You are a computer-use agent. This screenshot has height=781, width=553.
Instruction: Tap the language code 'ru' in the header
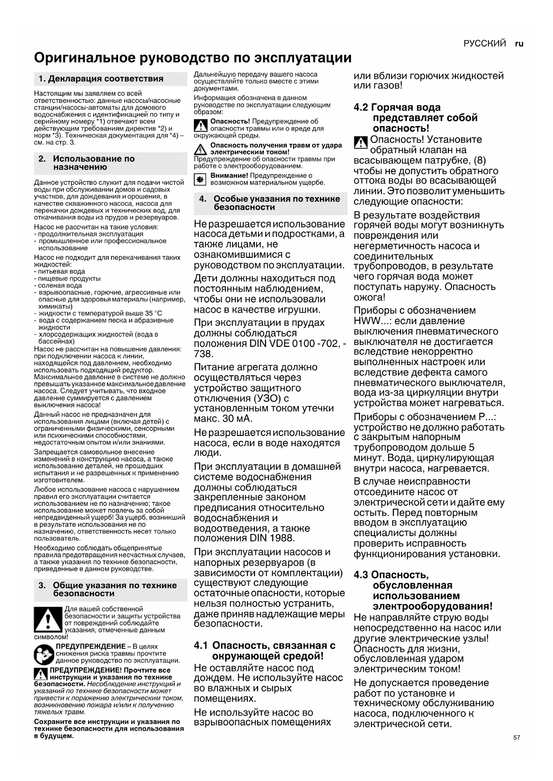pos(519,44)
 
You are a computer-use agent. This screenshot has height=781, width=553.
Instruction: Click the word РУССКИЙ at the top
pos(484,44)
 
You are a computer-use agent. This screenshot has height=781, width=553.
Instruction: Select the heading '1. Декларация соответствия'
pos(101,79)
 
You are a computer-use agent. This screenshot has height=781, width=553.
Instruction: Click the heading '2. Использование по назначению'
pos(94,163)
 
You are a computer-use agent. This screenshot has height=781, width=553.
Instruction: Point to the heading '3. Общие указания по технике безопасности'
pos(115,589)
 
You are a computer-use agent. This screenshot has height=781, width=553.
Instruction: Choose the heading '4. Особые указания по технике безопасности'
pos(276,203)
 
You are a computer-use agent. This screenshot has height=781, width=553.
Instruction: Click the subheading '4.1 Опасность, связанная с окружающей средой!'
pos(265,651)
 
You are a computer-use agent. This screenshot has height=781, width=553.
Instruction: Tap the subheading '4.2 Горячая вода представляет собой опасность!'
pos(415,118)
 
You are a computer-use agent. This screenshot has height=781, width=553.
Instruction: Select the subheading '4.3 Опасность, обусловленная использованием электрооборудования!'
pos(423,590)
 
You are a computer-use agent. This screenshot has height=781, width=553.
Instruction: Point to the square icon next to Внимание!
pos(200,179)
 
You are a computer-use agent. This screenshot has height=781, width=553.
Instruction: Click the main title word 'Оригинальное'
pos(86,58)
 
